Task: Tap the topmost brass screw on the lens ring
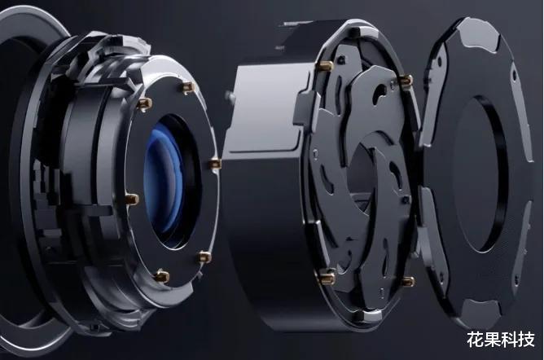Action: pyautogui.click(x=188, y=87)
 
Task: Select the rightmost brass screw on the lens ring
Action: pyautogui.click(x=216, y=164)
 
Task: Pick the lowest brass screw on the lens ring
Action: pyautogui.click(x=161, y=276)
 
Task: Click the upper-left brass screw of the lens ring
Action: pyautogui.click(x=144, y=103)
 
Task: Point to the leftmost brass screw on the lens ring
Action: pyautogui.click(x=132, y=199)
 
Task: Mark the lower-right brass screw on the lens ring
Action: pyautogui.click(x=204, y=257)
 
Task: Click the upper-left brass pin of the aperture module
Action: pyautogui.click(x=325, y=65)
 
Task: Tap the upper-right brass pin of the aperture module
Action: pyautogui.click(x=406, y=81)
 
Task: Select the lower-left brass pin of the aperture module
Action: pyautogui.click(x=327, y=276)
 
